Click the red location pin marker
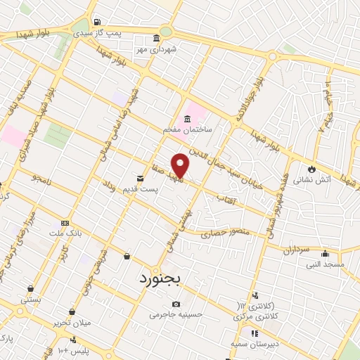(x=181, y=165)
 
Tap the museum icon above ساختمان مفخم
(x=187, y=118)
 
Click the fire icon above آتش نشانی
(x=311, y=169)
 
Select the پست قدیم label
(x=141, y=189)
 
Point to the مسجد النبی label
(x=325, y=264)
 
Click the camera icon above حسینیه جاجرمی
(x=176, y=304)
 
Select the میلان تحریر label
(x=72, y=323)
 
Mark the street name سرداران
(x=297, y=249)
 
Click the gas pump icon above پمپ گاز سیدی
(x=96, y=21)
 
